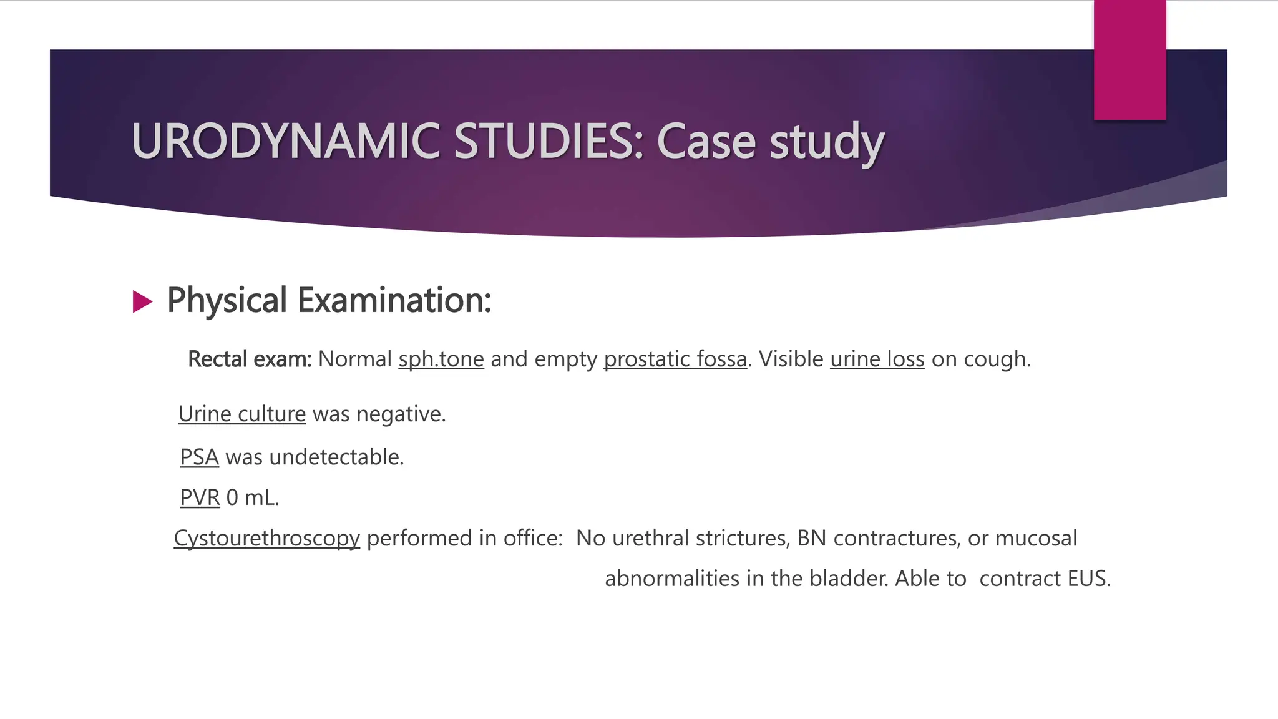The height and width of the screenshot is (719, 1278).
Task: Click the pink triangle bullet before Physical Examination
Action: coord(142,302)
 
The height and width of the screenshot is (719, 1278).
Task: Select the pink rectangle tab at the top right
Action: coord(1129,59)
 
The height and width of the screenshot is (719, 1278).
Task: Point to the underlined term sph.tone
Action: coord(441,359)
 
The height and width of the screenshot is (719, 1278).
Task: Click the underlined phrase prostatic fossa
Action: coord(675,359)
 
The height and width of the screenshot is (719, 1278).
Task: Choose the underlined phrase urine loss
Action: coord(877,359)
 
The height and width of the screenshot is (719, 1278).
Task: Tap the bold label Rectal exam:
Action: coord(250,359)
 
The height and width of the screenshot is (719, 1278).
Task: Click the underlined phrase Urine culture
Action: coord(242,414)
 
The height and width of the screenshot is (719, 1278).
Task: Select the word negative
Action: coord(400,414)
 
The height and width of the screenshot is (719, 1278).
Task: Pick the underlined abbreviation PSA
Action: coord(199,457)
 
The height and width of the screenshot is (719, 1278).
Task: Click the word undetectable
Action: coord(336,457)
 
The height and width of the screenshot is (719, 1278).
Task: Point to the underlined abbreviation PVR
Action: coord(200,498)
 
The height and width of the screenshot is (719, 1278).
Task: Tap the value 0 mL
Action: coord(252,498)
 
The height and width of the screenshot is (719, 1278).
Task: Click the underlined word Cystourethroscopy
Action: coord(267,539)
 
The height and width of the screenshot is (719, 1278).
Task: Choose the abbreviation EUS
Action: coord(1088,579)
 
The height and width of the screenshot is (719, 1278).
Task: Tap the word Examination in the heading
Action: coord(394,300)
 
